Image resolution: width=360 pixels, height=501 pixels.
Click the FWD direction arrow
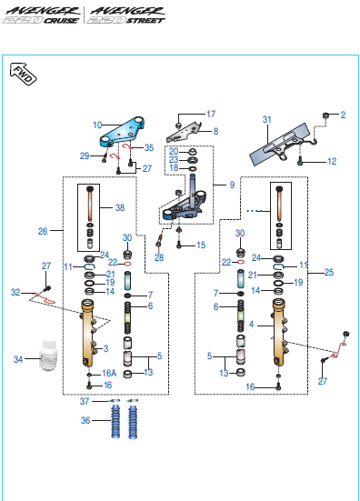pyautogui.click(x=24, y=75)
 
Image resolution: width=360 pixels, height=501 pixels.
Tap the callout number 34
pyautogui.click(x=18, y=359)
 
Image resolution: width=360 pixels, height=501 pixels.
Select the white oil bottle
pyautogui.click(x=49, y=355)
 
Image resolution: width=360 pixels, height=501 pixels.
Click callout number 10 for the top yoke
pyautogui.click(x=97, y=125)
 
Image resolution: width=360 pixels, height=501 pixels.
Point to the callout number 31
pyautogui.click(x=267, y=119)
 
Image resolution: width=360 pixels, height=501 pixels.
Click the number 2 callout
pyautogui.click(x=343, y=115)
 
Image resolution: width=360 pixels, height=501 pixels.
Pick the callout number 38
pyautogui.click(x=120, y=207)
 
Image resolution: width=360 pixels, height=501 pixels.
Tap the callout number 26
pyautogui.click(x=43, y=231)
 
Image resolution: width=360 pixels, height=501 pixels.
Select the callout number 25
pyautogui.click(x=329, y=272)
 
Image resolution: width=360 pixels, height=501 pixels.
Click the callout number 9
pyautogui.click(x=232, y=185)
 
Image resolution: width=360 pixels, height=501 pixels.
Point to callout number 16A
pyautogui.click(x=109, y=373)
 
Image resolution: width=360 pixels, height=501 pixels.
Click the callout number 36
pyautogui.click(x=85, y=420)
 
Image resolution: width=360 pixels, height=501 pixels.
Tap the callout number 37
pyautogui.click(x=85, y=401)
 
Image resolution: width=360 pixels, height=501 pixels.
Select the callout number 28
pyautogui.click(x=159, y=257)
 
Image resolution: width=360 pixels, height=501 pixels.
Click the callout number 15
pyautogui.click(x=201, y=245)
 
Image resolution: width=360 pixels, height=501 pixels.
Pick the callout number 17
pyautogui.click(x=211, y=114)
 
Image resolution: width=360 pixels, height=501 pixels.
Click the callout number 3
pyautogui.click(x=105, y=348)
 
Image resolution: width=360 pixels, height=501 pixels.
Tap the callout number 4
pyautogui.click(x=252, y=325)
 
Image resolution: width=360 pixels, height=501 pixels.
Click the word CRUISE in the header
pyautogui.click(x=61, y=21)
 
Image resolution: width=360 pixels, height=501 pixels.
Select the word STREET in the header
pyautogui.click(x=145, y=21)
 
